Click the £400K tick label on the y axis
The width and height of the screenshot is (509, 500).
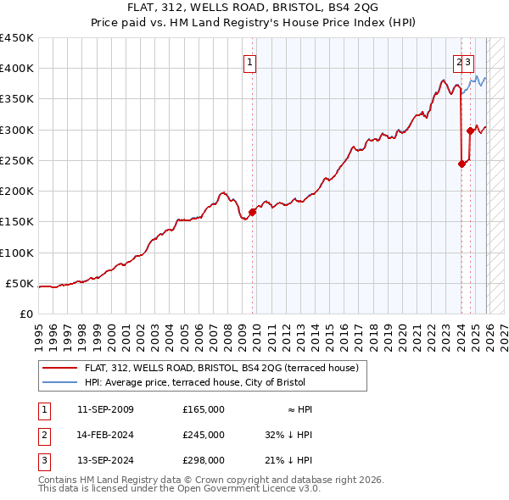tap(16, 69)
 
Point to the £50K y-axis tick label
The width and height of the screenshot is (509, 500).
tap(19, 283)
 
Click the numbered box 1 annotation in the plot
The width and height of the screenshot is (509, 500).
tap(251, 61)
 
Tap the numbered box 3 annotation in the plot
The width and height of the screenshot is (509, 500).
tap(468, 61)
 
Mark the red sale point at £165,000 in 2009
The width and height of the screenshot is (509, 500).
tap(253, 213)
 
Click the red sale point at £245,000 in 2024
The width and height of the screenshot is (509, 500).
tap(461, 164)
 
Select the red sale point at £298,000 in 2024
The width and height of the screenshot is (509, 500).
tap(470, 131)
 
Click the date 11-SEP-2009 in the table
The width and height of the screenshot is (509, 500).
tap(105, 409)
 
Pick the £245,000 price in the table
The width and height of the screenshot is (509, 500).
tap(204, 435)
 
